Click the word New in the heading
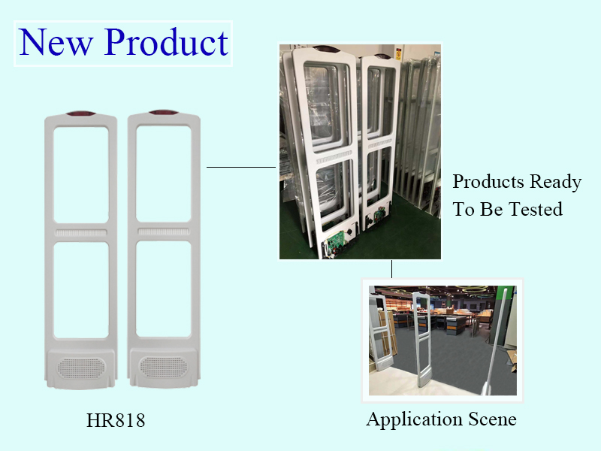(x=56, y=42)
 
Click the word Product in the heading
(x=167, y=42)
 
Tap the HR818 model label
(x=116, y=420)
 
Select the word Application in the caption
(x=414, y=419)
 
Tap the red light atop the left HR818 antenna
(x=80, y=114)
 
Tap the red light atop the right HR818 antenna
(x=164, y=112)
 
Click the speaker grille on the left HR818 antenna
(x=80, y=368)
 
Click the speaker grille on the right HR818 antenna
(x=163, y=366)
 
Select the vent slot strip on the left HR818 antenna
(x=81, y=233)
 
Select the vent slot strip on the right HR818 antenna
(x=164, y=232)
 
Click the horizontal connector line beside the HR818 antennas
(x=241, y=167)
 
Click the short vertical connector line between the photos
(x=391, y=269)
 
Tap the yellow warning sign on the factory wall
(x=399, y=54)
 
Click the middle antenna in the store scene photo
(x=422, y=339)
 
